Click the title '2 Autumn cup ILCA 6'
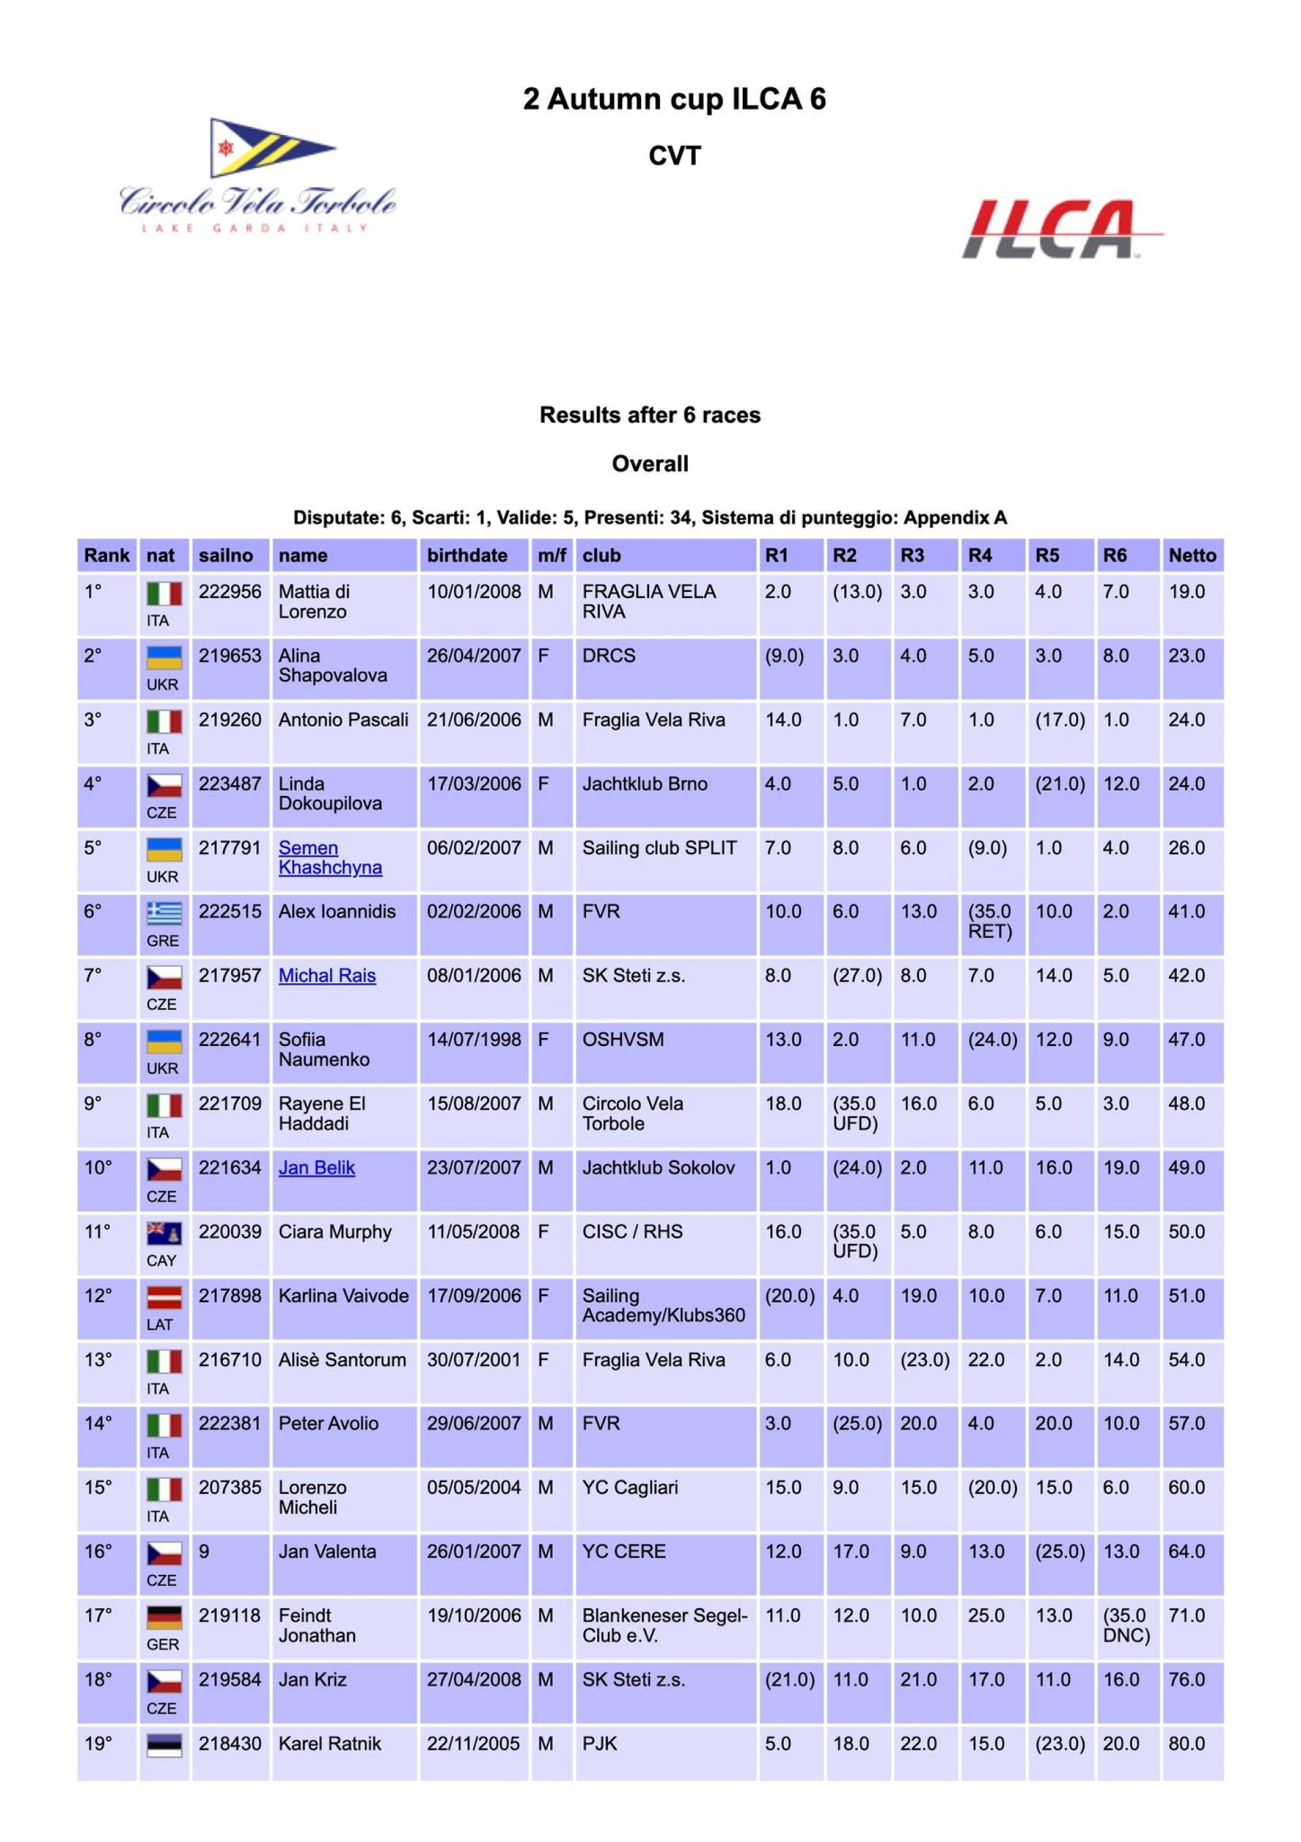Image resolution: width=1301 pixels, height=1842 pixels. (x=674, y=99)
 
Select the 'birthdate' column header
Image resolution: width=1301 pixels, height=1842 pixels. (x=467, y=555)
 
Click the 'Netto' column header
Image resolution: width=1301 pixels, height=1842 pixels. (x=1191, y=555)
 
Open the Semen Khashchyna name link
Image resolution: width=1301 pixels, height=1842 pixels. (x=330, y=858)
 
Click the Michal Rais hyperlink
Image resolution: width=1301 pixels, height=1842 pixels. (x=327, y=976)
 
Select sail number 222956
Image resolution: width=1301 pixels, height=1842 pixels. (x=230, y=592)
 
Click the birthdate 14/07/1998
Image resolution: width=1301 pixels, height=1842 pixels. (x=473, y=1040)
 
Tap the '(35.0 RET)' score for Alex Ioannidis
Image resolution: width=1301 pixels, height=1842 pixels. (x=990, y=921)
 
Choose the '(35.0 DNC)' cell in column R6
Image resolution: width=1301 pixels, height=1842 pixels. (x=1126, y=1625)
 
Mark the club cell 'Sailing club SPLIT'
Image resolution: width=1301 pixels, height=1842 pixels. (x=659, y=848)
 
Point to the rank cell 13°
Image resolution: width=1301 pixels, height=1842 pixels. (x=98, y=1360)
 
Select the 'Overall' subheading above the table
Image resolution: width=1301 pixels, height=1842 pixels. (x=650, y=464)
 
